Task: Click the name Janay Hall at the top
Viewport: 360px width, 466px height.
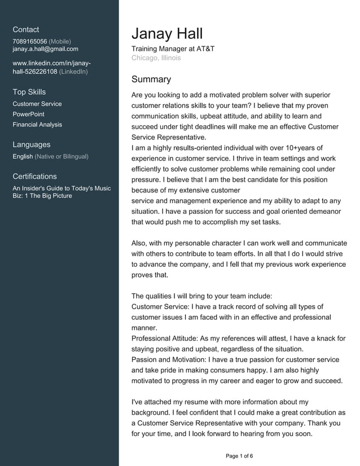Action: click(167, 33)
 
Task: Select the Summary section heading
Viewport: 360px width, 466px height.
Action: click(151, 80)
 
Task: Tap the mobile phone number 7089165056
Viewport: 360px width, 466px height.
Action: click(30, 41)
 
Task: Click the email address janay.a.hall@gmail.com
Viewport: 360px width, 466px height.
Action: click(45, 49)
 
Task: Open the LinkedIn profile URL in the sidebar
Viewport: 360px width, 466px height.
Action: click(51, 68)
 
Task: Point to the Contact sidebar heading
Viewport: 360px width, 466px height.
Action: click(26, 29)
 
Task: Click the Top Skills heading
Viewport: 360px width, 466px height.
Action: click(29, 92)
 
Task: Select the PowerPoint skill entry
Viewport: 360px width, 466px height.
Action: click(28, 114)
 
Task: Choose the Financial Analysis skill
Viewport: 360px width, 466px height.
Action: click(37, 125)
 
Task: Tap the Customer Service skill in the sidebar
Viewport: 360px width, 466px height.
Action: click(37, 104)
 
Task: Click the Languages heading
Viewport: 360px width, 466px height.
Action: click(32, 144)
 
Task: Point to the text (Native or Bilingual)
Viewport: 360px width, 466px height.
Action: click(62, 156)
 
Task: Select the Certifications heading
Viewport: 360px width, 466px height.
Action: click(34, 176)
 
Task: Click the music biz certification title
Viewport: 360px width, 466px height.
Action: click(62, 192)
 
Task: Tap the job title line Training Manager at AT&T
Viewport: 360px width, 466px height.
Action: click(173, 49)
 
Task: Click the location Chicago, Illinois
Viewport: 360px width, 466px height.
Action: click(156, 58)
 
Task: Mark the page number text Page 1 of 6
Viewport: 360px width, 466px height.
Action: click(239, 456)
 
